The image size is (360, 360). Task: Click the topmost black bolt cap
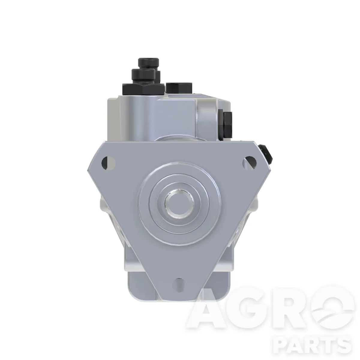(x=148, y=63)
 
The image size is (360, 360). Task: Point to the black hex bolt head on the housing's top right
(x=179, y=88)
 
